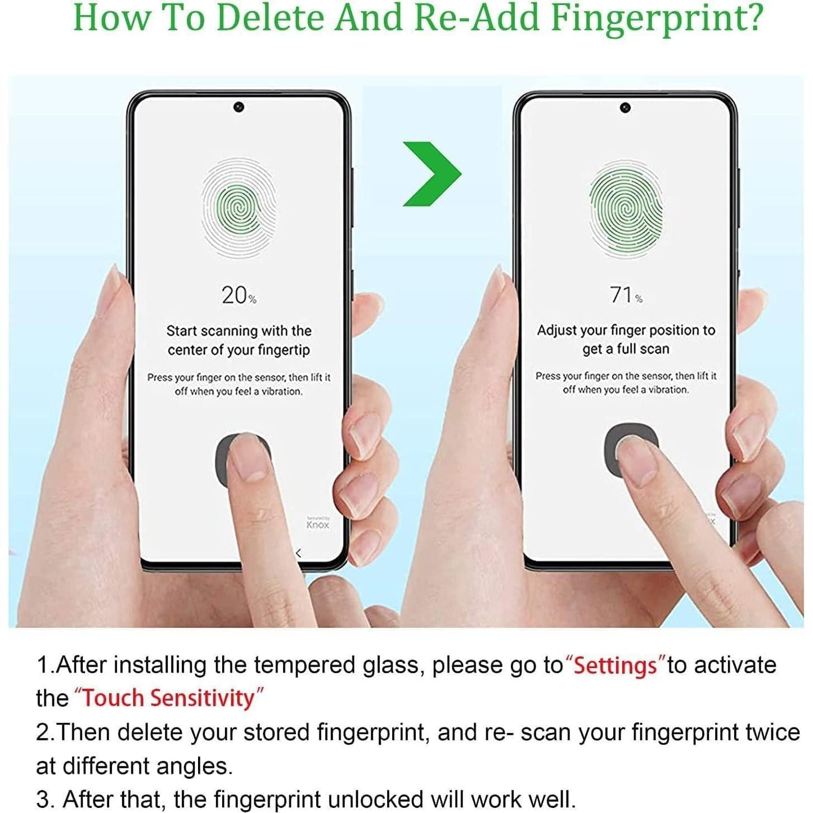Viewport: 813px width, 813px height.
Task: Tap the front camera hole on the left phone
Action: (x=239, y=107)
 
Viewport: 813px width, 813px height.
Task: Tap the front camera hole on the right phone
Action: (x=625, y=108)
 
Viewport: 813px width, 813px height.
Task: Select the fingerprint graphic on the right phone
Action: (x=626, y=209)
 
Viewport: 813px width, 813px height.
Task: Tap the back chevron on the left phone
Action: (x=298, y=553)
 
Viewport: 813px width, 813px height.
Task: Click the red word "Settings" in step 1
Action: (x=615, y=666)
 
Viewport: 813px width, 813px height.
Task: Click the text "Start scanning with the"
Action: (x=239, y=331)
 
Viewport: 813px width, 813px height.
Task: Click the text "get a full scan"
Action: (x=626, y=349)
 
